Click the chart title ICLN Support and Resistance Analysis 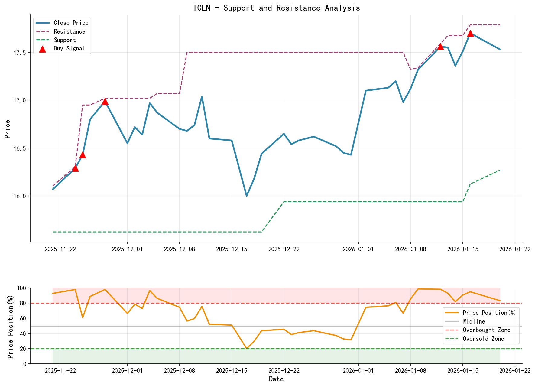click(x=277, y=8)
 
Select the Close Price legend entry click(x=71, y=23)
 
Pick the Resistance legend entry click(x=69, y=31)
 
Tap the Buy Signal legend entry click(x=69, y=49)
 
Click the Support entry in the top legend click(x=65, y=40)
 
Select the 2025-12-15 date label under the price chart click(x=232, y=249)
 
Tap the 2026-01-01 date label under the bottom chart click(x=358, y=371)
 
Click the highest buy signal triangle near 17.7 click(x=470, y=34)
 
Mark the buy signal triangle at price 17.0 click(x=105, y=102)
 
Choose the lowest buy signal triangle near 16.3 click(x=75, y=168)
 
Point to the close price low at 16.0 click(x=247, y=196)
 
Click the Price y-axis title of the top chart click(x=8, y=129)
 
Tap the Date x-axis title click(x=276, y=379)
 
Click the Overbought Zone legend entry click(x=486, y=330)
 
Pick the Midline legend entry click(x=474, y=322)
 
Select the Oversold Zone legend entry click(x=483, y=339)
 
